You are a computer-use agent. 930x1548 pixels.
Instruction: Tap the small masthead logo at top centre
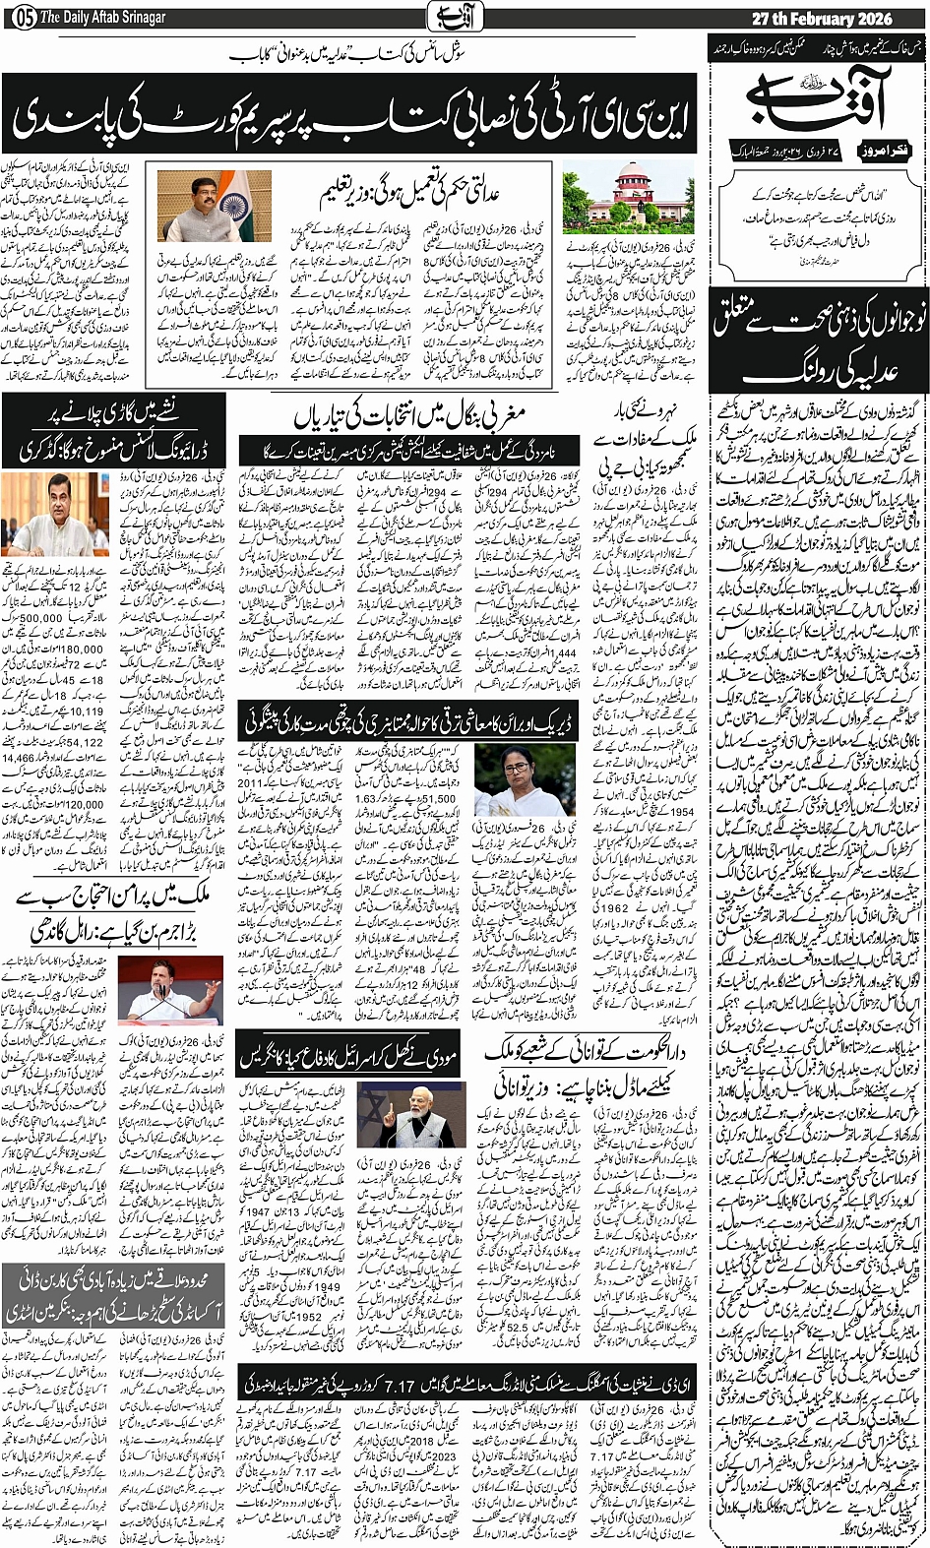coord(441,18)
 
